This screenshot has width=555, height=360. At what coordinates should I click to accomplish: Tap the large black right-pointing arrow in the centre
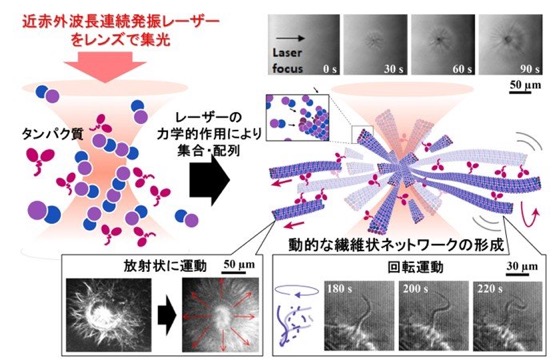point(210,180)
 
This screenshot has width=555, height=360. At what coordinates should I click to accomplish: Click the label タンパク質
point(53,134)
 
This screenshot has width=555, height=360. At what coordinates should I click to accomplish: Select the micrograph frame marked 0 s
point(304,45)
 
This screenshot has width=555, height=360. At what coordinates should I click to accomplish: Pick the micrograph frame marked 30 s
point(375,45)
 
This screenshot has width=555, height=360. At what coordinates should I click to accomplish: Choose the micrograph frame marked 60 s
point(443,45)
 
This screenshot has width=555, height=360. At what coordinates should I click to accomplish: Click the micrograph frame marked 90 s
point(510,45)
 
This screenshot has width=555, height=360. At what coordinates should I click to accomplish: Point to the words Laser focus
point(287,61)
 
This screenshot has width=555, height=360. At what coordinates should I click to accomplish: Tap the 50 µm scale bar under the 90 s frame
point(521,93)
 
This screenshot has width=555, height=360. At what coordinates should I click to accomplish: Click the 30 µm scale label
point(522,266)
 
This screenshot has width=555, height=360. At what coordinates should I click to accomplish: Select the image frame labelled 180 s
point(359,316)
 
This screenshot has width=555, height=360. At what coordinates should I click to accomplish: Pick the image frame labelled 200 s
point(434,316)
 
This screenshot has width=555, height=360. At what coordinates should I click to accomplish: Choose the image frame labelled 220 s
point(508,316)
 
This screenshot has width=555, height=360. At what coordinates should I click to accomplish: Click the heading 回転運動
point(415,268)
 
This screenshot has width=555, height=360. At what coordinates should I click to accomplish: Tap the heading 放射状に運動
point(165,265)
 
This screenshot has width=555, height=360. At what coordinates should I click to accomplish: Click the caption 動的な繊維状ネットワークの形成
point(396,245)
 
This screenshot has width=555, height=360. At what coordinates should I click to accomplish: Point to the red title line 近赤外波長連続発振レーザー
point(121,23)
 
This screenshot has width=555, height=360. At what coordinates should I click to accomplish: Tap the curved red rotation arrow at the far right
point(531,218)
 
